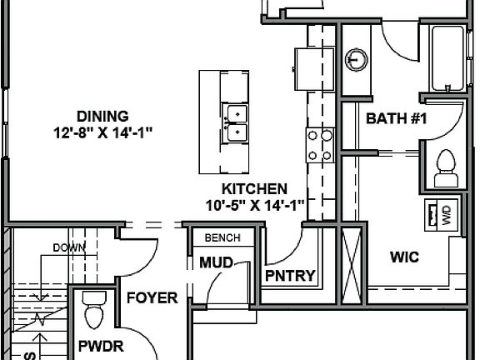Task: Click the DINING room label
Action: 102,115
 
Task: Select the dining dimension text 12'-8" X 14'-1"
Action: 102,131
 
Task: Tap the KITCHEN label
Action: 254,189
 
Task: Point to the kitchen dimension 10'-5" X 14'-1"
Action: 254,204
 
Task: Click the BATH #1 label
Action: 396,119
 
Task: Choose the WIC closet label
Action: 403,257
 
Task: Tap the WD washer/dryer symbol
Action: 438,216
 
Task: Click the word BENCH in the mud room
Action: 222,237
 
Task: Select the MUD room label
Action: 215,263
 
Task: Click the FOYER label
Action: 152,297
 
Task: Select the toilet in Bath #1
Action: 446,167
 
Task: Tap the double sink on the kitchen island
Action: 236,122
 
